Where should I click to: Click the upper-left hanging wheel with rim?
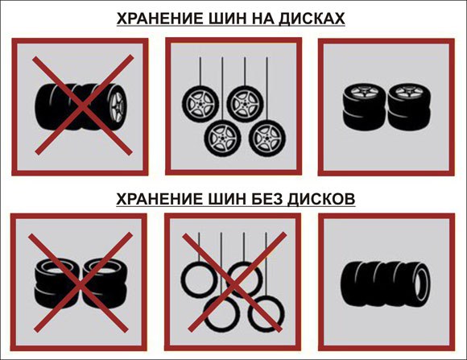pyautogui.click(x=200, y=103)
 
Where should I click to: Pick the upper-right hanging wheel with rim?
pyautogui.click(x=245, y=103)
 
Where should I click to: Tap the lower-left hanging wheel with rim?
pyautogui.click(x=222, y=138)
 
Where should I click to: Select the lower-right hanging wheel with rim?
pyautogui.click(x=267, y=138)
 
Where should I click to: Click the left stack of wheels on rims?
pyautogui.click(x=365, y=106)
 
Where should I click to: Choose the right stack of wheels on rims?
pyautogui.click(x=409, y=106)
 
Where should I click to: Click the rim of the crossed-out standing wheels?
pyautogui.click(x=118, y=107)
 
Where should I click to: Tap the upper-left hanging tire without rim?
pyautogui.click(x=198, y=279)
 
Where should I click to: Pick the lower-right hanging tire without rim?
pyautogui.click(x=267, y=314)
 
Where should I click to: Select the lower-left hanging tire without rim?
pyautogui.click(x=221, y=314)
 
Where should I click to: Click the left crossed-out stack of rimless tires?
pyautogui.click(x=56, y=283)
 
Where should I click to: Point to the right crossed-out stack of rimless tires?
pyautogui.click(x=104, y=283)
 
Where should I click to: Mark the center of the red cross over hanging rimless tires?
pyautogui.click(x=235, y=282)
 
